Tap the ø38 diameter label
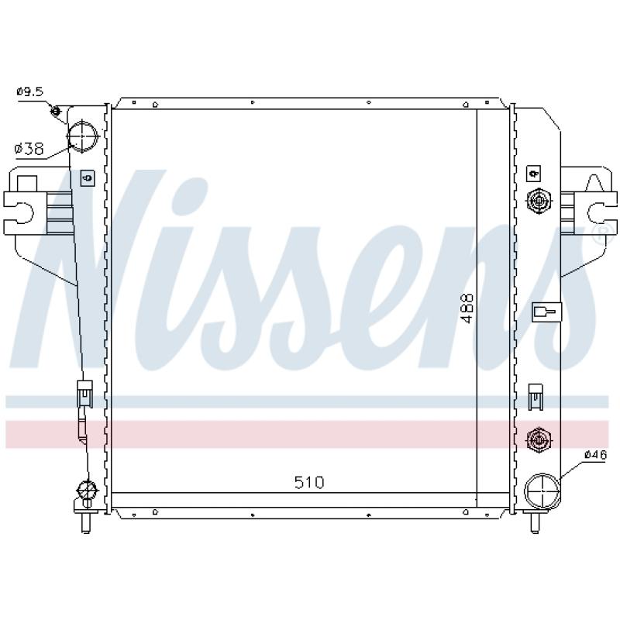click(29, 148)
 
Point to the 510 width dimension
click(308, 482)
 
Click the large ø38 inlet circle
click(84, 136)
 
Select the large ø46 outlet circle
click(541, 491)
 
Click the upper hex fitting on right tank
click(536, 201)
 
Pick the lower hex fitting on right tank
click(536, 440)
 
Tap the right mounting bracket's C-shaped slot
click(597, 211)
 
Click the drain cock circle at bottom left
click(85, 490)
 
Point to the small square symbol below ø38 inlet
click(87, 177)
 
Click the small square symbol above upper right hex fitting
click(533, 172)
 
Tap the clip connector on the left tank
click(84, 394)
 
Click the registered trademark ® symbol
click(598, 233)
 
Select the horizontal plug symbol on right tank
click(544, 312)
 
